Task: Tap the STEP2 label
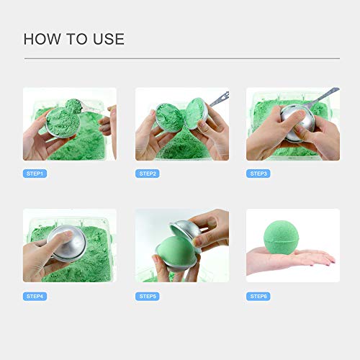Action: (x=148, y=174)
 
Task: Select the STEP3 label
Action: (x=258, y=174)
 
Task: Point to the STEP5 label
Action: (x=148, y=296)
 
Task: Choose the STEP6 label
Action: (x=258, y=296)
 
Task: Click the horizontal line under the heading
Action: (x=180, y=58)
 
